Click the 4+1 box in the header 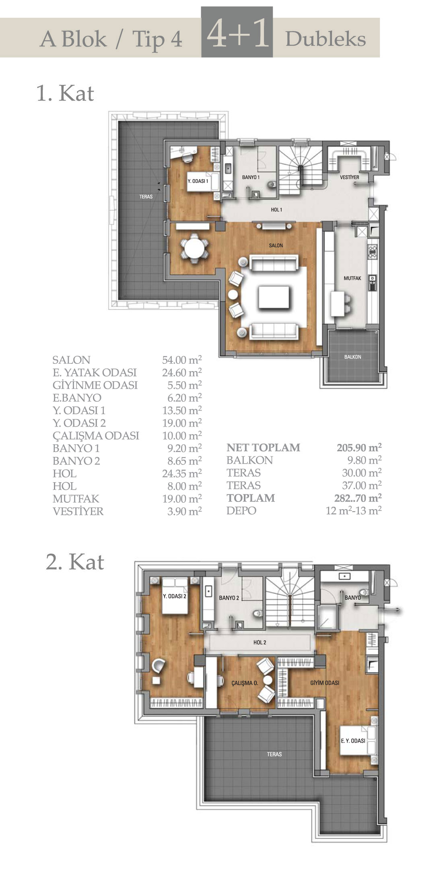coord(237,32)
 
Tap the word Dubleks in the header coord(326,39)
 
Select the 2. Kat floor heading coord(75,561)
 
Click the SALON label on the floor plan coord(276,246)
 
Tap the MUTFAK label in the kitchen coord(352,278)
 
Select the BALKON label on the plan coord(352,357)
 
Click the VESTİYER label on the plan coord(350,177)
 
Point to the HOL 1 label coord(276,210)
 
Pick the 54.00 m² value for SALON coord(182,360)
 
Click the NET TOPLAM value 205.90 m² coord(359,448)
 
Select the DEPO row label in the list coord(241,511)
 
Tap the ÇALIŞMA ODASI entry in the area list coord(96,435)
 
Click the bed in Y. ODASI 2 coord(175,595)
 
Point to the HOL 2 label coord(260,642)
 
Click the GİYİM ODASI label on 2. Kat coord(325,683)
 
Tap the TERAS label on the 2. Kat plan coord(274,754)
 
